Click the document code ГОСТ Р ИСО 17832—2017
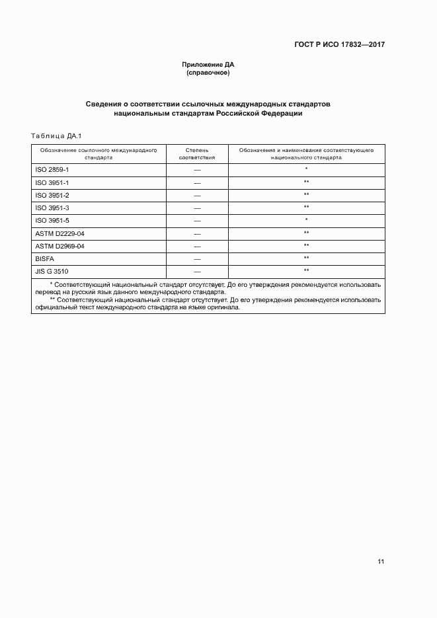[339, 45]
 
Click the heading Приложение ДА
[208, 64]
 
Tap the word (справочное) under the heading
[208, 72]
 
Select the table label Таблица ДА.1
[56, 136]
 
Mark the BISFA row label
[44, 258]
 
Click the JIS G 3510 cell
[52, 271]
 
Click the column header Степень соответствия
[197, 154]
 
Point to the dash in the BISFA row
[197, 259]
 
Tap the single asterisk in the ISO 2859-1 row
[307, 170]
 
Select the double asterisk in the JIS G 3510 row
[307, 271]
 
